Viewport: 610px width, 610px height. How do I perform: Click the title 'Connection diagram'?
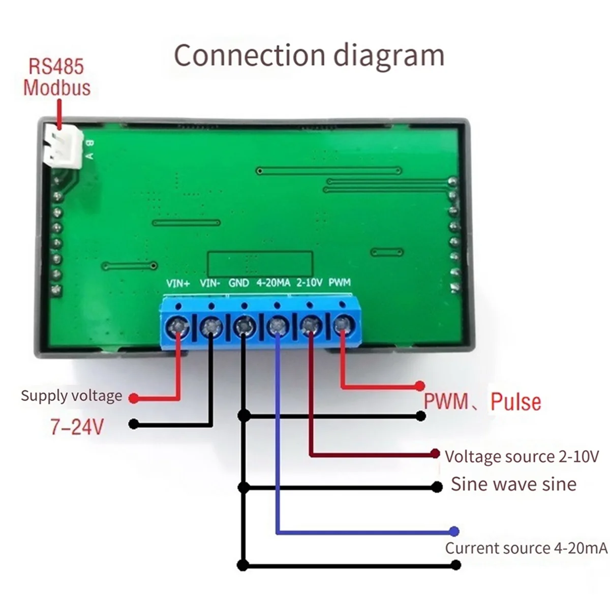(309, 56)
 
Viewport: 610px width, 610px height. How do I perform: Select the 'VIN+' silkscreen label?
(178, 283)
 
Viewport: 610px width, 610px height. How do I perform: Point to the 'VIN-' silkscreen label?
(210, 283)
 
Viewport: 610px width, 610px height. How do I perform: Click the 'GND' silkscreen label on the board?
(239, 283)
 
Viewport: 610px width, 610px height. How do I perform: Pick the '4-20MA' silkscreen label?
(273, 283)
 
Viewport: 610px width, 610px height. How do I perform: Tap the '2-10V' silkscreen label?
(309, 282)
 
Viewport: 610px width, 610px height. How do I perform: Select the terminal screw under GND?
(244, 325)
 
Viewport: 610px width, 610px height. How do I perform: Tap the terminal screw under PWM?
(342, 324)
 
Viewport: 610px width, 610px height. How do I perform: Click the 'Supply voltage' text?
(72, 396)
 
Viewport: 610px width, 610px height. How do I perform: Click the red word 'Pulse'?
(516, 402)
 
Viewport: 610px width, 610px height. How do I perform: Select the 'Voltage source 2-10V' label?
(522, 456)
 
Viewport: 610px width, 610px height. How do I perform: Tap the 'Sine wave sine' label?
(514, 484)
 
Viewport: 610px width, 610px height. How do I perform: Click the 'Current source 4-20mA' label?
(527, 548)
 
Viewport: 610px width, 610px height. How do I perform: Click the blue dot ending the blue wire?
(454, 531)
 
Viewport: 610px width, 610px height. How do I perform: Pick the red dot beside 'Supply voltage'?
(134, 398)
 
